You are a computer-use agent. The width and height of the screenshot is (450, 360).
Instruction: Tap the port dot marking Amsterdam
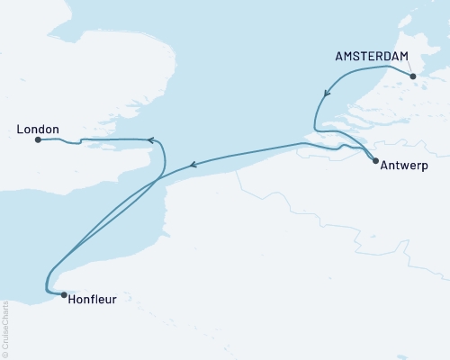coord(413,76)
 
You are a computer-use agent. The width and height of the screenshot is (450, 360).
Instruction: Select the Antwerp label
coord(404,166)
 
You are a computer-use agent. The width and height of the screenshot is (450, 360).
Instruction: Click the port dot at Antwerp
coord(375,160)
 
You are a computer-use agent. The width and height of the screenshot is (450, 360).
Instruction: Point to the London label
coord(39,130)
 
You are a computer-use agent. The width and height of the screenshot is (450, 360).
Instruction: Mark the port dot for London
coord(38,139)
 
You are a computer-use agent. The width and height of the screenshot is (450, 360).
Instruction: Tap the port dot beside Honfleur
coord(62,293)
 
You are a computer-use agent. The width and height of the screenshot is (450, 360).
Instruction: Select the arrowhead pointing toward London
coord(152,139)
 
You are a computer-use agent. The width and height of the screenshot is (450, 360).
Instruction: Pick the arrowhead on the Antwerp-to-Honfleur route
coord(192,165)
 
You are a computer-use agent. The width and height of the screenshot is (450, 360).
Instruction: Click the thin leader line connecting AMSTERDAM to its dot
coord(409,68)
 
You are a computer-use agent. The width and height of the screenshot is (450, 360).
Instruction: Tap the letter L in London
coord(21,130)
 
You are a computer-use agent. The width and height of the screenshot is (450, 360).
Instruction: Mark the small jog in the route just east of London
coord(80,140)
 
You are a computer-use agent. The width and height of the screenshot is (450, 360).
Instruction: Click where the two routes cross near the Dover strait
coord(158,177)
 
